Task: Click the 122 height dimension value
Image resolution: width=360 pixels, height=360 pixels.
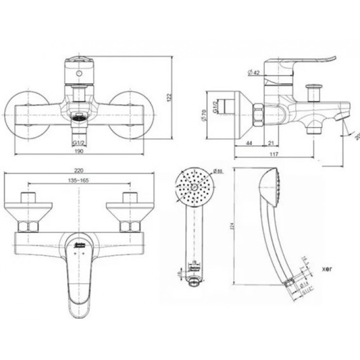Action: click(x=169, y=98)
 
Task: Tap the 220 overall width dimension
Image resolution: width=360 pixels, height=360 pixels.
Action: click(x=79, y=170)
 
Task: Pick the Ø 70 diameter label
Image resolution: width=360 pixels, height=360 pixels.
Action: click(x=205, y=117)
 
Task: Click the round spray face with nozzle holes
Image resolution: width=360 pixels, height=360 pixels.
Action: click(x=194, y=187)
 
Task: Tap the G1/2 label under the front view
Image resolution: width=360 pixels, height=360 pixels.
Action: click(x=79, y=142)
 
